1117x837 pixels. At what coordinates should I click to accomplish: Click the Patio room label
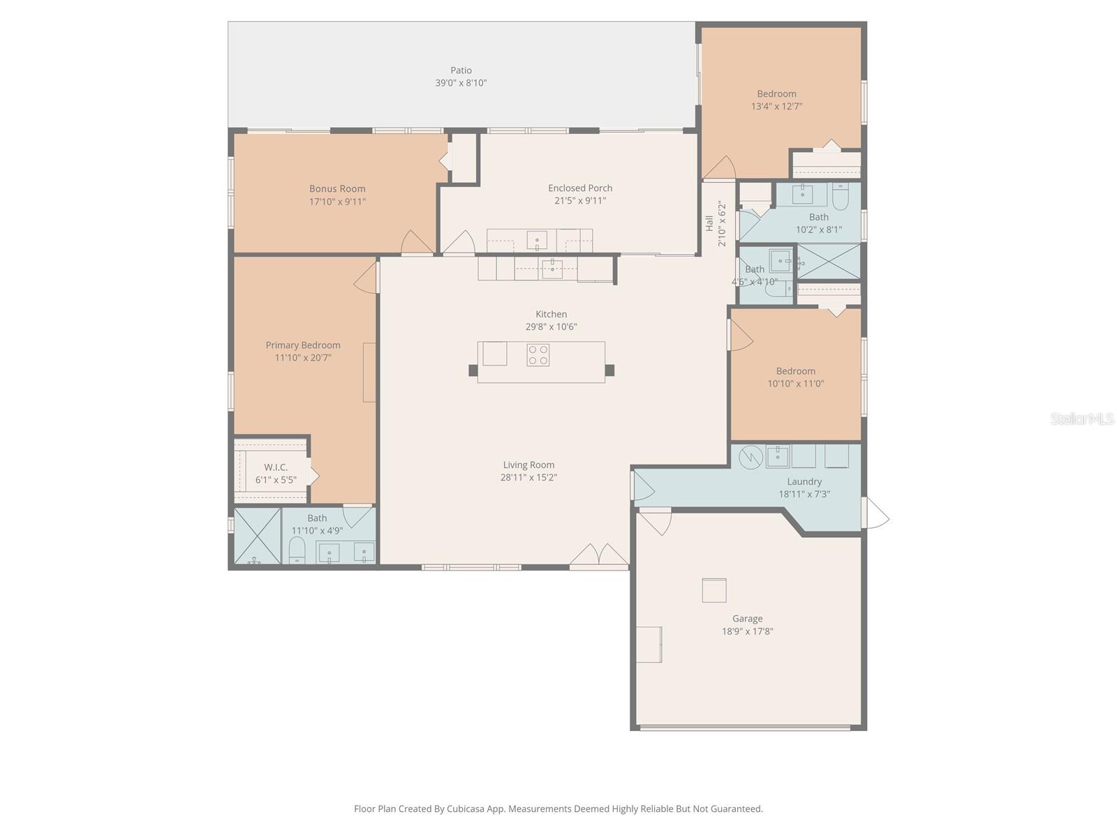[461, 70]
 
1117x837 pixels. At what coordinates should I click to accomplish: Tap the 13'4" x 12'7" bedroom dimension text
[776, 107]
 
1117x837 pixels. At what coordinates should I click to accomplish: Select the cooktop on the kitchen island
[538, 355]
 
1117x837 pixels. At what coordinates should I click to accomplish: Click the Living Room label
[528, 465]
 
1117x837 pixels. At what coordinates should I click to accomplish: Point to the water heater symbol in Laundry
[749, 457]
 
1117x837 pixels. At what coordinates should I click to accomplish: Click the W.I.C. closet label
[276, 467]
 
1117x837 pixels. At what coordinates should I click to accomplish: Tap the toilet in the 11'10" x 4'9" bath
[297, 550]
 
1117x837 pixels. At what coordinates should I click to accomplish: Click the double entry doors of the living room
[599, 555]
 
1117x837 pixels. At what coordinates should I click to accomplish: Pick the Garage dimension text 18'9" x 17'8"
[747, 632]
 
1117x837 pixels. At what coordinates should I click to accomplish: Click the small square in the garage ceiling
[714, 590]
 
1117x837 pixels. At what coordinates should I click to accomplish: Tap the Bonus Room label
[337, 189]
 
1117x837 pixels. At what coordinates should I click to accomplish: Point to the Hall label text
[709, 224]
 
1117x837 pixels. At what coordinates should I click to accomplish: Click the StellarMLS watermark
[1082, 419]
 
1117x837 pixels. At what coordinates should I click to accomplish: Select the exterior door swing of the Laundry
[876, 514]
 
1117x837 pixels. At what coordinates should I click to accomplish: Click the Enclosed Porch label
[580, 188]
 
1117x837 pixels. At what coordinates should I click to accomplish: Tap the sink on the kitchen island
[495, 353]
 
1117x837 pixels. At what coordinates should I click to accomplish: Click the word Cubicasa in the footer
[466, 809]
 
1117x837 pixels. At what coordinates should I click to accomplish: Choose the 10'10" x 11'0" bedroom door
[740, 335]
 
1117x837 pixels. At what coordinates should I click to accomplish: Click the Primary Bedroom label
[303, 345]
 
